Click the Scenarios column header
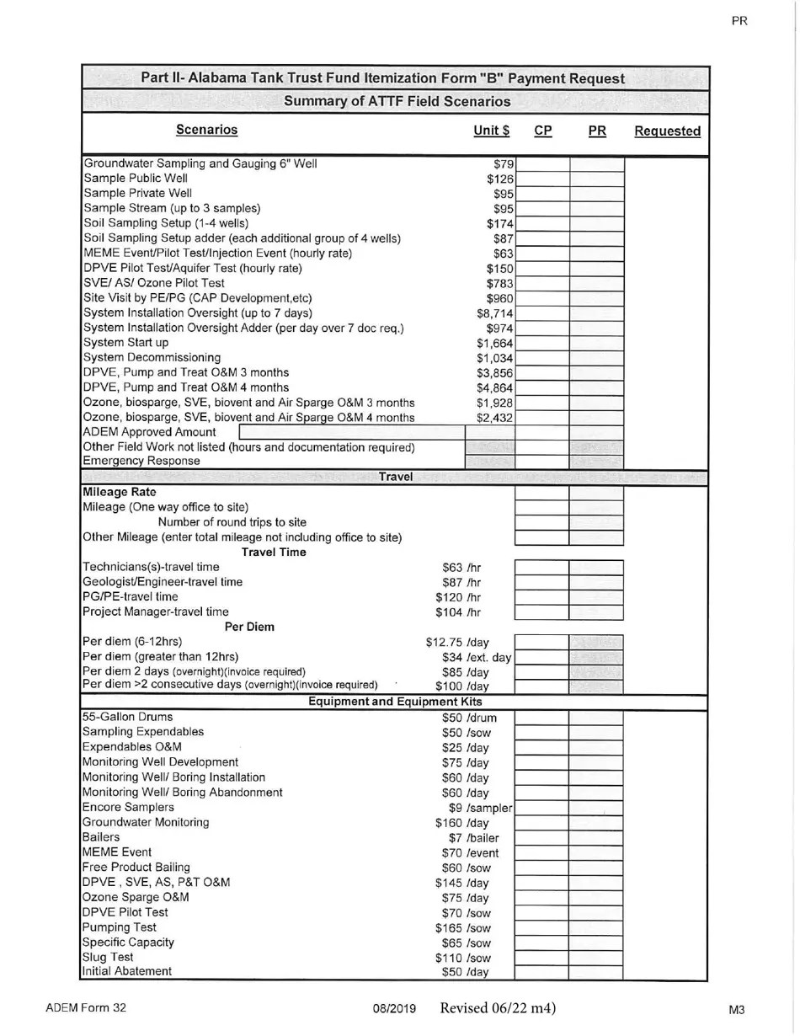click(206, 130)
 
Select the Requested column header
click(667, 131)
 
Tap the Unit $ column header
click(492, 131)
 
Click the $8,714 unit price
click(495, 313)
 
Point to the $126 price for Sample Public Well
click(500, 179)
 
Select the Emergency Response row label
click(141, 461)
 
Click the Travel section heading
click(396, 477)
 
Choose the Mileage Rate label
click(119, 492)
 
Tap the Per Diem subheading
click(249, 627)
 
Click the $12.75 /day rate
click(457, 642)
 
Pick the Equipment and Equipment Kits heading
click(395, 702)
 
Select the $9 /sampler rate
click(480, 808)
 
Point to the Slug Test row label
click(108, 957)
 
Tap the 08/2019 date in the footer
click(394, 1009)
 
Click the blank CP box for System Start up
click(541, 343)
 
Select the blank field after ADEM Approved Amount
click(351, 432)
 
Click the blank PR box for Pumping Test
click(595, 927)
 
